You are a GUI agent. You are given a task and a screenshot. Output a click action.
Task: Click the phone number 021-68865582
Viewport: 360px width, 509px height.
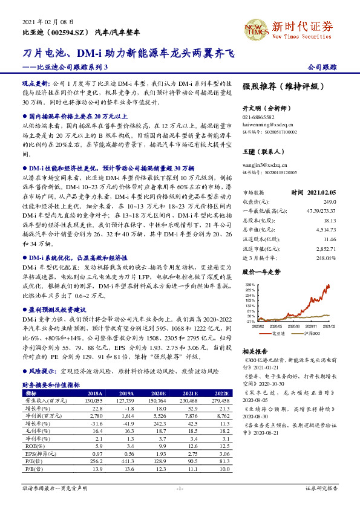258,117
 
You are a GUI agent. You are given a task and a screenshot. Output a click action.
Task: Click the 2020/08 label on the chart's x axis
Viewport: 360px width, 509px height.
297,325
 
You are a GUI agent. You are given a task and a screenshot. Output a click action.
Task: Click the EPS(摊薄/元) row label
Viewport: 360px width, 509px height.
38,453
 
